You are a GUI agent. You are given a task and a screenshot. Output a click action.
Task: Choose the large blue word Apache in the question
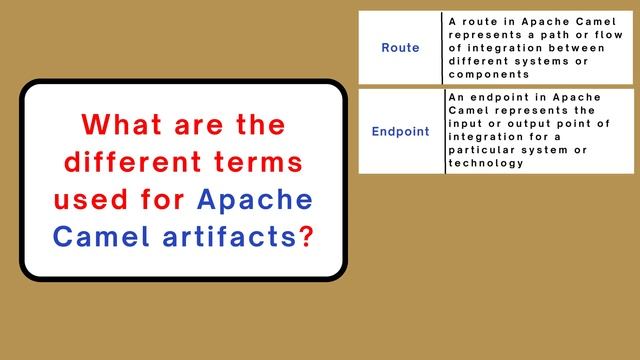(x=255, y=200)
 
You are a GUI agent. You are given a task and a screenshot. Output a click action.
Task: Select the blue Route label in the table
(x=401, y=48)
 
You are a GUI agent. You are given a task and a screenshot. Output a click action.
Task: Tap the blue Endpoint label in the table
(x=401, y=131)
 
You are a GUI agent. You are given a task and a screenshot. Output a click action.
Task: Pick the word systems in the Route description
(x=544, y=60)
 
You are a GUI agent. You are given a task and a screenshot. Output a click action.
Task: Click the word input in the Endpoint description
(x=466, y=122)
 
